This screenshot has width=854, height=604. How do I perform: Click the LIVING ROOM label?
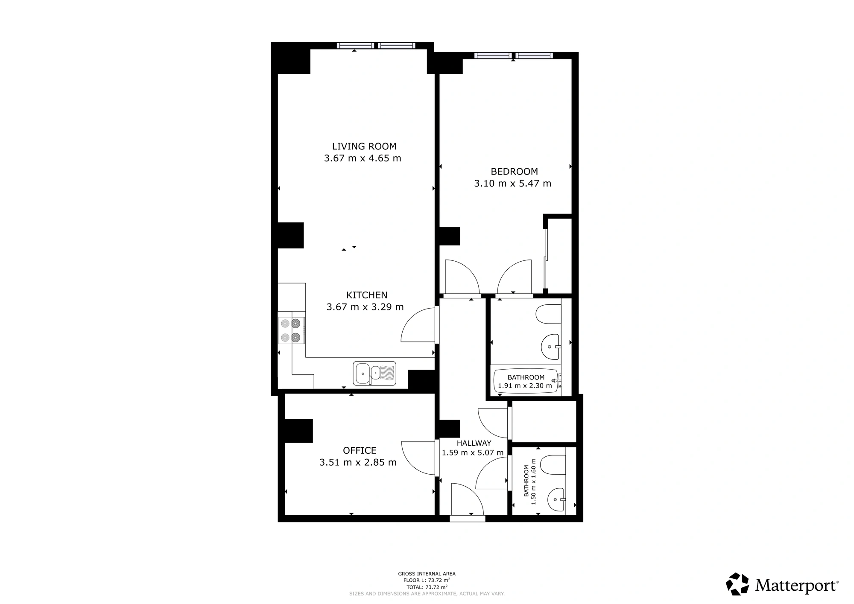coord(364,146)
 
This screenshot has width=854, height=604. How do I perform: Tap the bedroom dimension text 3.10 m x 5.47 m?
coord(512,184)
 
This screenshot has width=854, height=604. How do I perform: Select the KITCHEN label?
coord(367,295)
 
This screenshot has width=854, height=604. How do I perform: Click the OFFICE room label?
coord(360,450)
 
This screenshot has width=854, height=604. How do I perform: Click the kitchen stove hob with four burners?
coord(292,330)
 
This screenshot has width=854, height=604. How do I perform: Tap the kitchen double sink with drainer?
coord(374,373)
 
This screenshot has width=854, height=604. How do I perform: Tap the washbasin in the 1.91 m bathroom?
coord(551,347)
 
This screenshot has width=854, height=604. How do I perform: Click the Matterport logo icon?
coord(737,584)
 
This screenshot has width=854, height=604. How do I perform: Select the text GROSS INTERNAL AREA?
coord(427,574)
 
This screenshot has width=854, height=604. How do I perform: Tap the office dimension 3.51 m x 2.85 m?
coord(358,462)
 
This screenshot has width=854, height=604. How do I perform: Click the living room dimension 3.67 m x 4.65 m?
coord(363,158)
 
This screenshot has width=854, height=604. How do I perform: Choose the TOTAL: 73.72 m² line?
coord(427,587)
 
